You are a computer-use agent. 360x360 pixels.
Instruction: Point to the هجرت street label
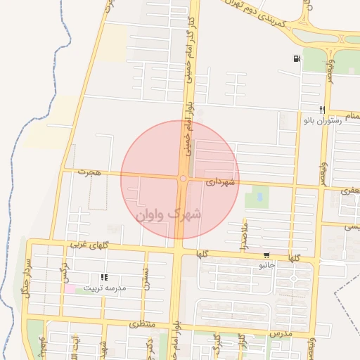[x=90, y=172]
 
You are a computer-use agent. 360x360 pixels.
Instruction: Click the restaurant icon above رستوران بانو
[x=321, y=110]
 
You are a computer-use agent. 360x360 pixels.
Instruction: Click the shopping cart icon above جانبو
[x=266, y=255]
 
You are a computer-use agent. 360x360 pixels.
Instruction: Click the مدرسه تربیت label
[x=104, y=288]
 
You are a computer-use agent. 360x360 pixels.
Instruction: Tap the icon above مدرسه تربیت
[x=104, y=278]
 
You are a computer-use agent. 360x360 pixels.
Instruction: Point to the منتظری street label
[x=141, y=326]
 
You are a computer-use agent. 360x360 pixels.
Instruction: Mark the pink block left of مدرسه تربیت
[x=70, y=289]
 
